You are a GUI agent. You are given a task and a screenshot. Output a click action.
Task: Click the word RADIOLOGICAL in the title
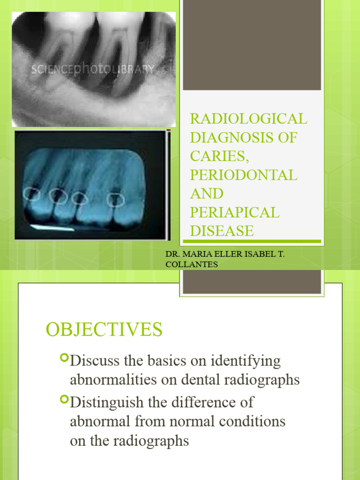(x=248, y=119)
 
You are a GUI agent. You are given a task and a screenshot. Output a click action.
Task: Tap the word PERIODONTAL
(x=243, y=175)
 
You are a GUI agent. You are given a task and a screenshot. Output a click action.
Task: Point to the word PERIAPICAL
(x=234, y=212)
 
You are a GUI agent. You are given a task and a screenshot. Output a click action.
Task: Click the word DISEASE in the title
(x=222, y=231)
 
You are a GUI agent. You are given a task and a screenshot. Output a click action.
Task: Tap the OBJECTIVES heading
(x=104, y=330)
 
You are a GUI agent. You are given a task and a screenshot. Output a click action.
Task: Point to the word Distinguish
(x=103, y=402)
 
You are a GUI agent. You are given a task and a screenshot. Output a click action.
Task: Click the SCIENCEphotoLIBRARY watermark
(x=93, y=69)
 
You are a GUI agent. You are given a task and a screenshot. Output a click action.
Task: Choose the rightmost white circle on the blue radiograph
(x=115, y=201)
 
